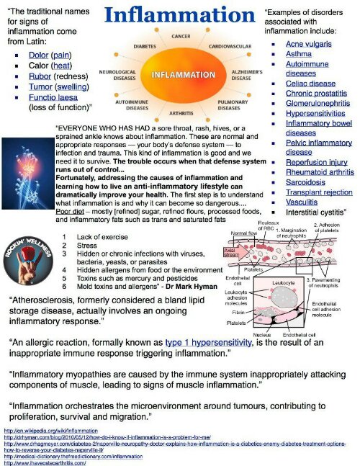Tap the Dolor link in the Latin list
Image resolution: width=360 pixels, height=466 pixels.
(x=38, y=55)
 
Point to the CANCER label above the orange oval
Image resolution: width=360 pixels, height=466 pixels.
(x=180, y=35)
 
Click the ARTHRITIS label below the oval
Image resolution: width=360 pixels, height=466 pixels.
(x=180, y=113)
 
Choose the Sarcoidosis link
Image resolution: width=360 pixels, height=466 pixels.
(x=307, y=182)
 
